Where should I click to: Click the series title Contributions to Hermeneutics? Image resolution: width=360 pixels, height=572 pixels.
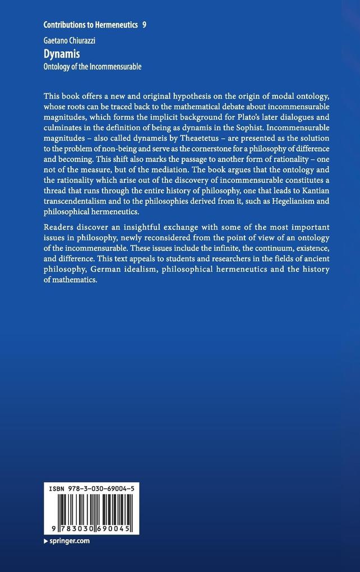click(90, 25)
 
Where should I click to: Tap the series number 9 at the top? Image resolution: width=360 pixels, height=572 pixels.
click(145, 25)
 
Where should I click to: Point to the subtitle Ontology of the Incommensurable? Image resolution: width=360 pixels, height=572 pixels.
click(93, 67)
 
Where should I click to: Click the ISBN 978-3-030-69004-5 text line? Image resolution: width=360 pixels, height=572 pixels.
click(91, 489)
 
